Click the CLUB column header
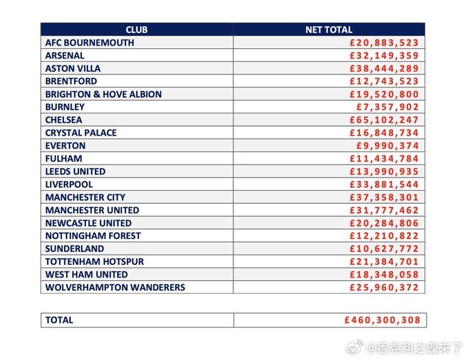[x=136, y=30]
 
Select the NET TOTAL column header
[x=328, y=30]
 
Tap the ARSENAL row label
[x=65, y=56]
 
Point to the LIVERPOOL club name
[x=69, y=184]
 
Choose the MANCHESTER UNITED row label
[x=92, y=210]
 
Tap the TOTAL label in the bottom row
[x=59, y=320]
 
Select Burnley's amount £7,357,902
[x=387, y=107]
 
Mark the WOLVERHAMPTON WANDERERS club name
[x=115, y=287]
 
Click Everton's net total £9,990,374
[x=387, y=146]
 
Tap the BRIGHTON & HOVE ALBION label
[x=103, y=94]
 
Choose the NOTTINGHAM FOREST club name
[x=93, y=235]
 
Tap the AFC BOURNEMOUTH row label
[x=89, y=43]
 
